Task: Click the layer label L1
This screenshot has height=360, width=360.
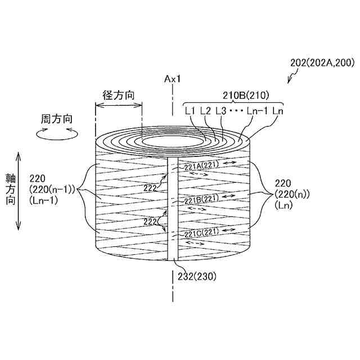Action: [190, 111]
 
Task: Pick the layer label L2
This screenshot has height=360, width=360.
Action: [205, 111]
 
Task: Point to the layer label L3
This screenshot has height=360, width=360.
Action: [220, 111]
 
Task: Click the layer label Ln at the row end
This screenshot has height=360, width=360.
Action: [277, 111]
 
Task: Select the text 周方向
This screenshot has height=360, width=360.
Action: [56, 119]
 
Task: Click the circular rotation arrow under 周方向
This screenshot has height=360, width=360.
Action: [56, 133]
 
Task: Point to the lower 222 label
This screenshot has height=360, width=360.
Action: [150, 222]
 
